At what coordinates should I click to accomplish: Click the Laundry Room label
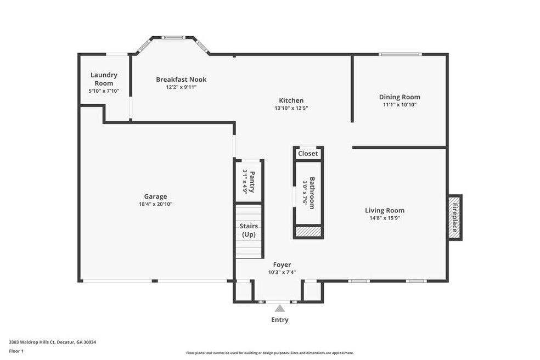point(104,79)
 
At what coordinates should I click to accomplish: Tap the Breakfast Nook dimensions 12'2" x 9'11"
point(181,87)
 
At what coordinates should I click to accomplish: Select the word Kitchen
point(291,100)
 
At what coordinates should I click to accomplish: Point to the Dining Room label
point(400,97)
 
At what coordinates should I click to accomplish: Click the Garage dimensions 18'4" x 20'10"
point(155,204)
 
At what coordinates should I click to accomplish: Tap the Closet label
point(308,153)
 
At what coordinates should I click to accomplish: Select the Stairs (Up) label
point(249,230)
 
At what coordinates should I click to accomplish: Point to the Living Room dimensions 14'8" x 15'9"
point(384,218)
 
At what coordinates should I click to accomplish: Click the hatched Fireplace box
point(454,217)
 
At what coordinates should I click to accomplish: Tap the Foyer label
point(282,265)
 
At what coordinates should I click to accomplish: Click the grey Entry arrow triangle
point(280,308)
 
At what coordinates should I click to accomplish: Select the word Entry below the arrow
point(280,320)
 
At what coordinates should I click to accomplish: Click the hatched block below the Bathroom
point(308,232)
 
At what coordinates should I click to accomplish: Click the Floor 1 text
point(16,351)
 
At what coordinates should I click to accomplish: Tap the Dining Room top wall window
point(400,54)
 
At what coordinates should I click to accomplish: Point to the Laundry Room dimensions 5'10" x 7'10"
point(104,91)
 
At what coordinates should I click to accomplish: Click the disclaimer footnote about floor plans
point(269,353)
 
